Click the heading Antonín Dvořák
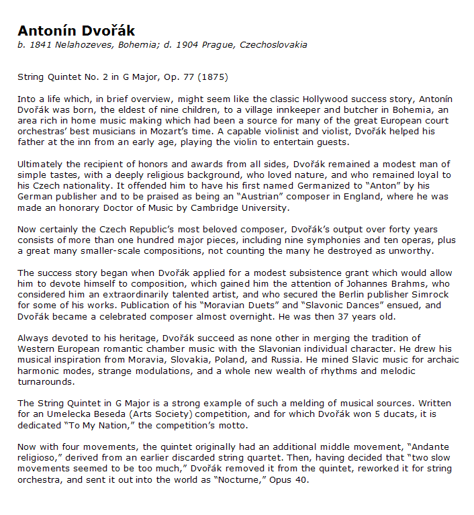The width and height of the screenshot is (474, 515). click(76, 31)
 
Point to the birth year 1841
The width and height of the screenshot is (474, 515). click(37, 45)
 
